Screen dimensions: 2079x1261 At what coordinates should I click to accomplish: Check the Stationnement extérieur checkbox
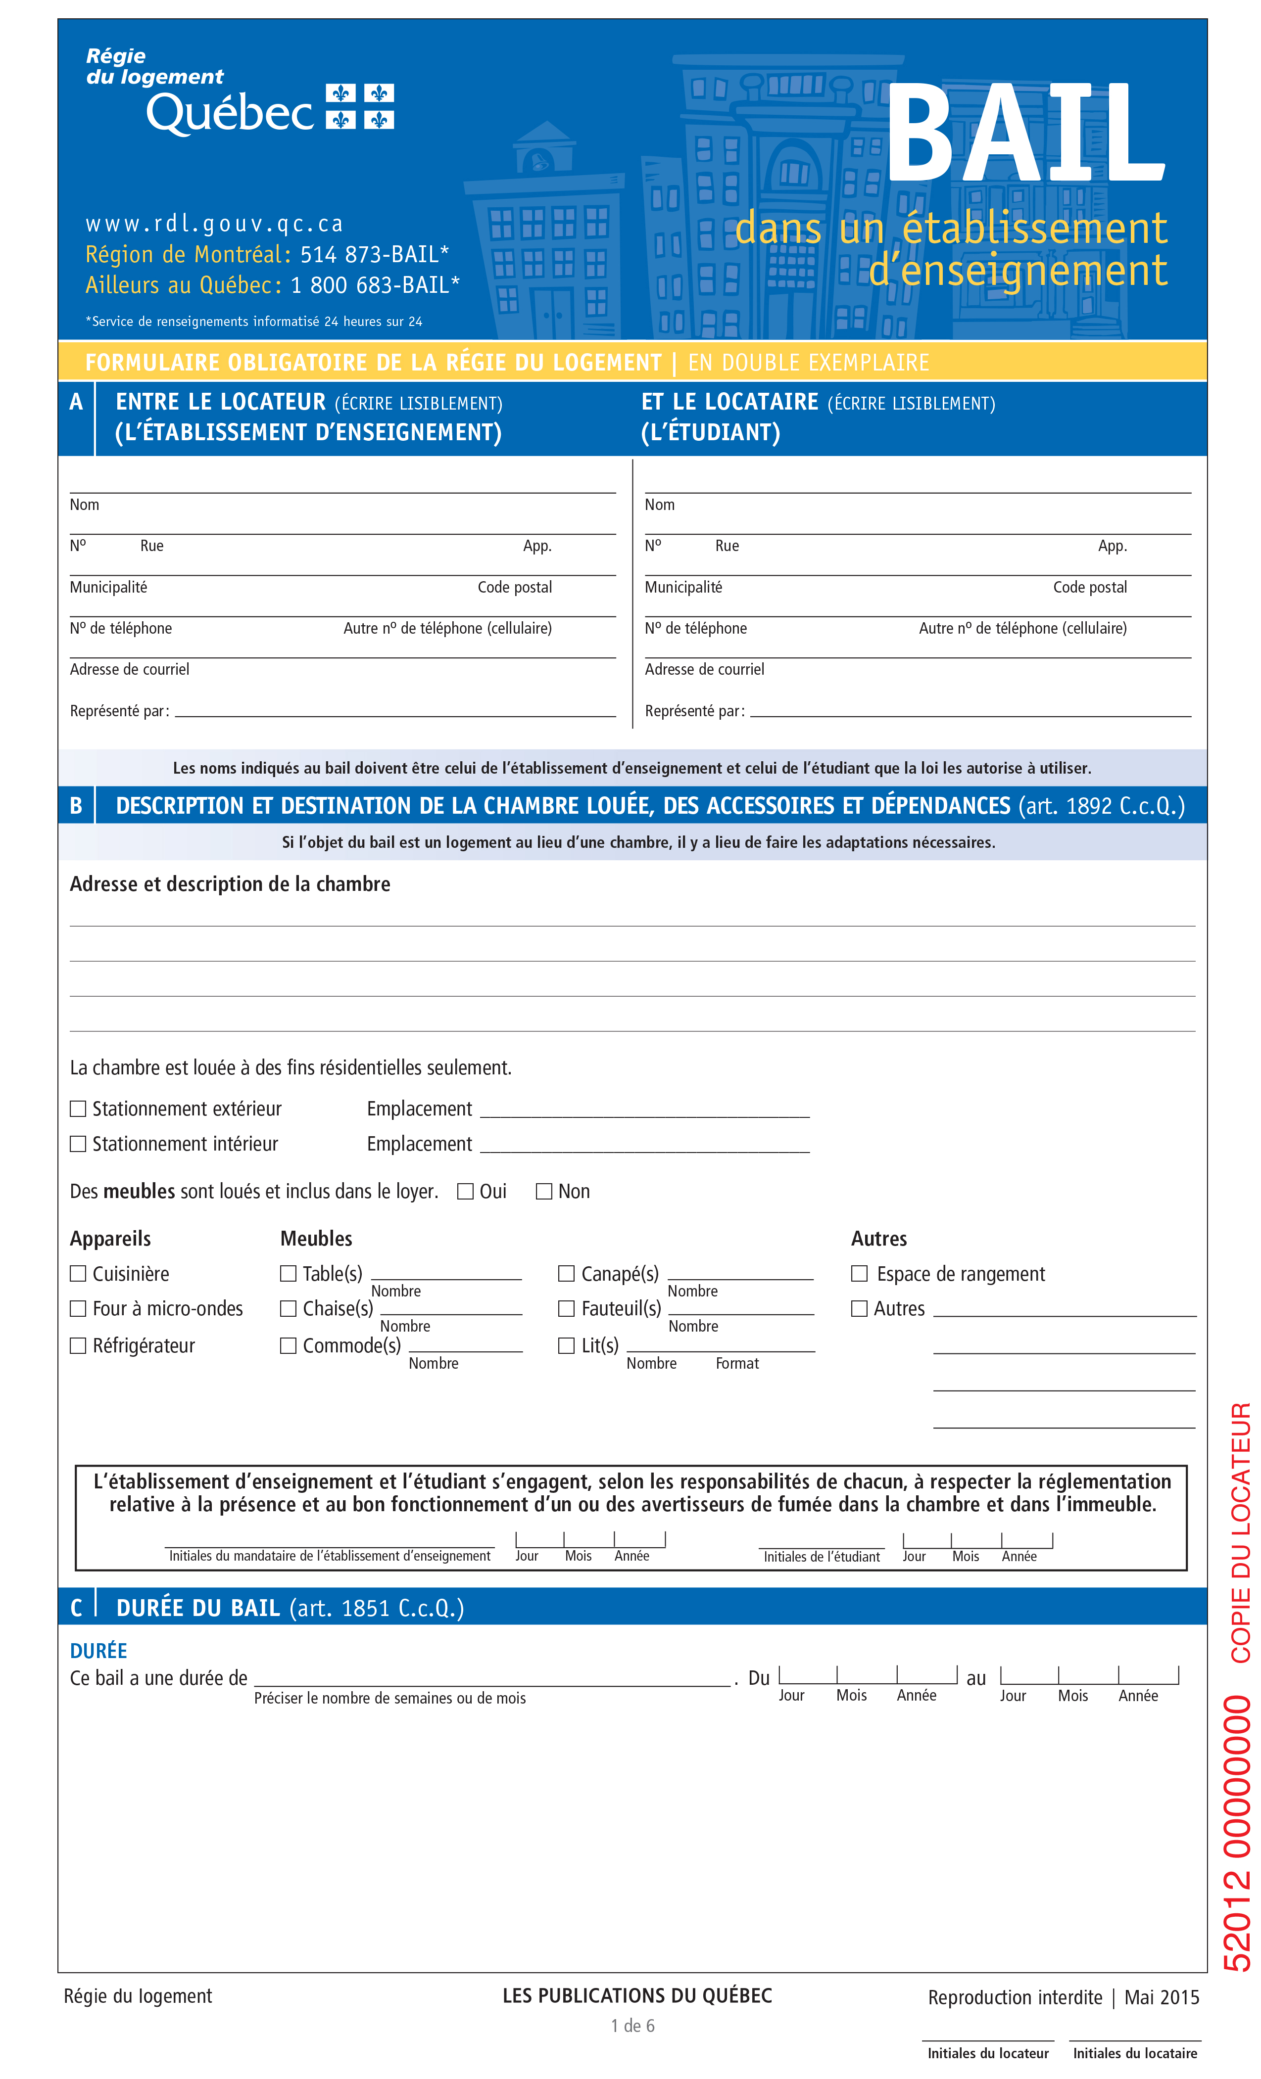[x=78, y=1109]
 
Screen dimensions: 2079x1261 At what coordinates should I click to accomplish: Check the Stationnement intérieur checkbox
[x=78, y=1144]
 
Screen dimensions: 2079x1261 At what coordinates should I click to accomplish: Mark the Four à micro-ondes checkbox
[x=78, y=1309]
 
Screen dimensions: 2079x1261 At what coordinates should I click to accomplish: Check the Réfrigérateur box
[x=78, y=1346]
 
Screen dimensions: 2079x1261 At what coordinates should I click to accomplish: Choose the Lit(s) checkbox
[x=566, y=1346]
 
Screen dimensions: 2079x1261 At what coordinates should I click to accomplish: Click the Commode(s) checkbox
[x=289, y=1346]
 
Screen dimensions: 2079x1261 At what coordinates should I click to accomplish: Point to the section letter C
[x=76, y=1608]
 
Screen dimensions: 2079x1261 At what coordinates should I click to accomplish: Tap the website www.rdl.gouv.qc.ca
[x=214, y=224]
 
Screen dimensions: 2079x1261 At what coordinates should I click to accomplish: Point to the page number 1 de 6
[x=632, y=2026]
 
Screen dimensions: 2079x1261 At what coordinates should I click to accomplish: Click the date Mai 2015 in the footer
[x=1162, y=1998]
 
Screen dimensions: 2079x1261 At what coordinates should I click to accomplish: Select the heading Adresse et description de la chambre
[x=230, y=884]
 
